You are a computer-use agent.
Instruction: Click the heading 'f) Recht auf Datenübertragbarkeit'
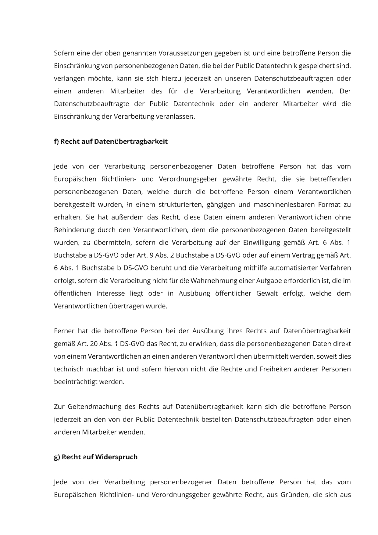[x=111, y=142]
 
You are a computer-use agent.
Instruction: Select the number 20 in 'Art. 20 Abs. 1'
[x=94, y=344]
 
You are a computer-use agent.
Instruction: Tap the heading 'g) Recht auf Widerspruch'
[x=96, y=457]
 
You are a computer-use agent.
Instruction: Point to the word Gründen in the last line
[x=293, y=495]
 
